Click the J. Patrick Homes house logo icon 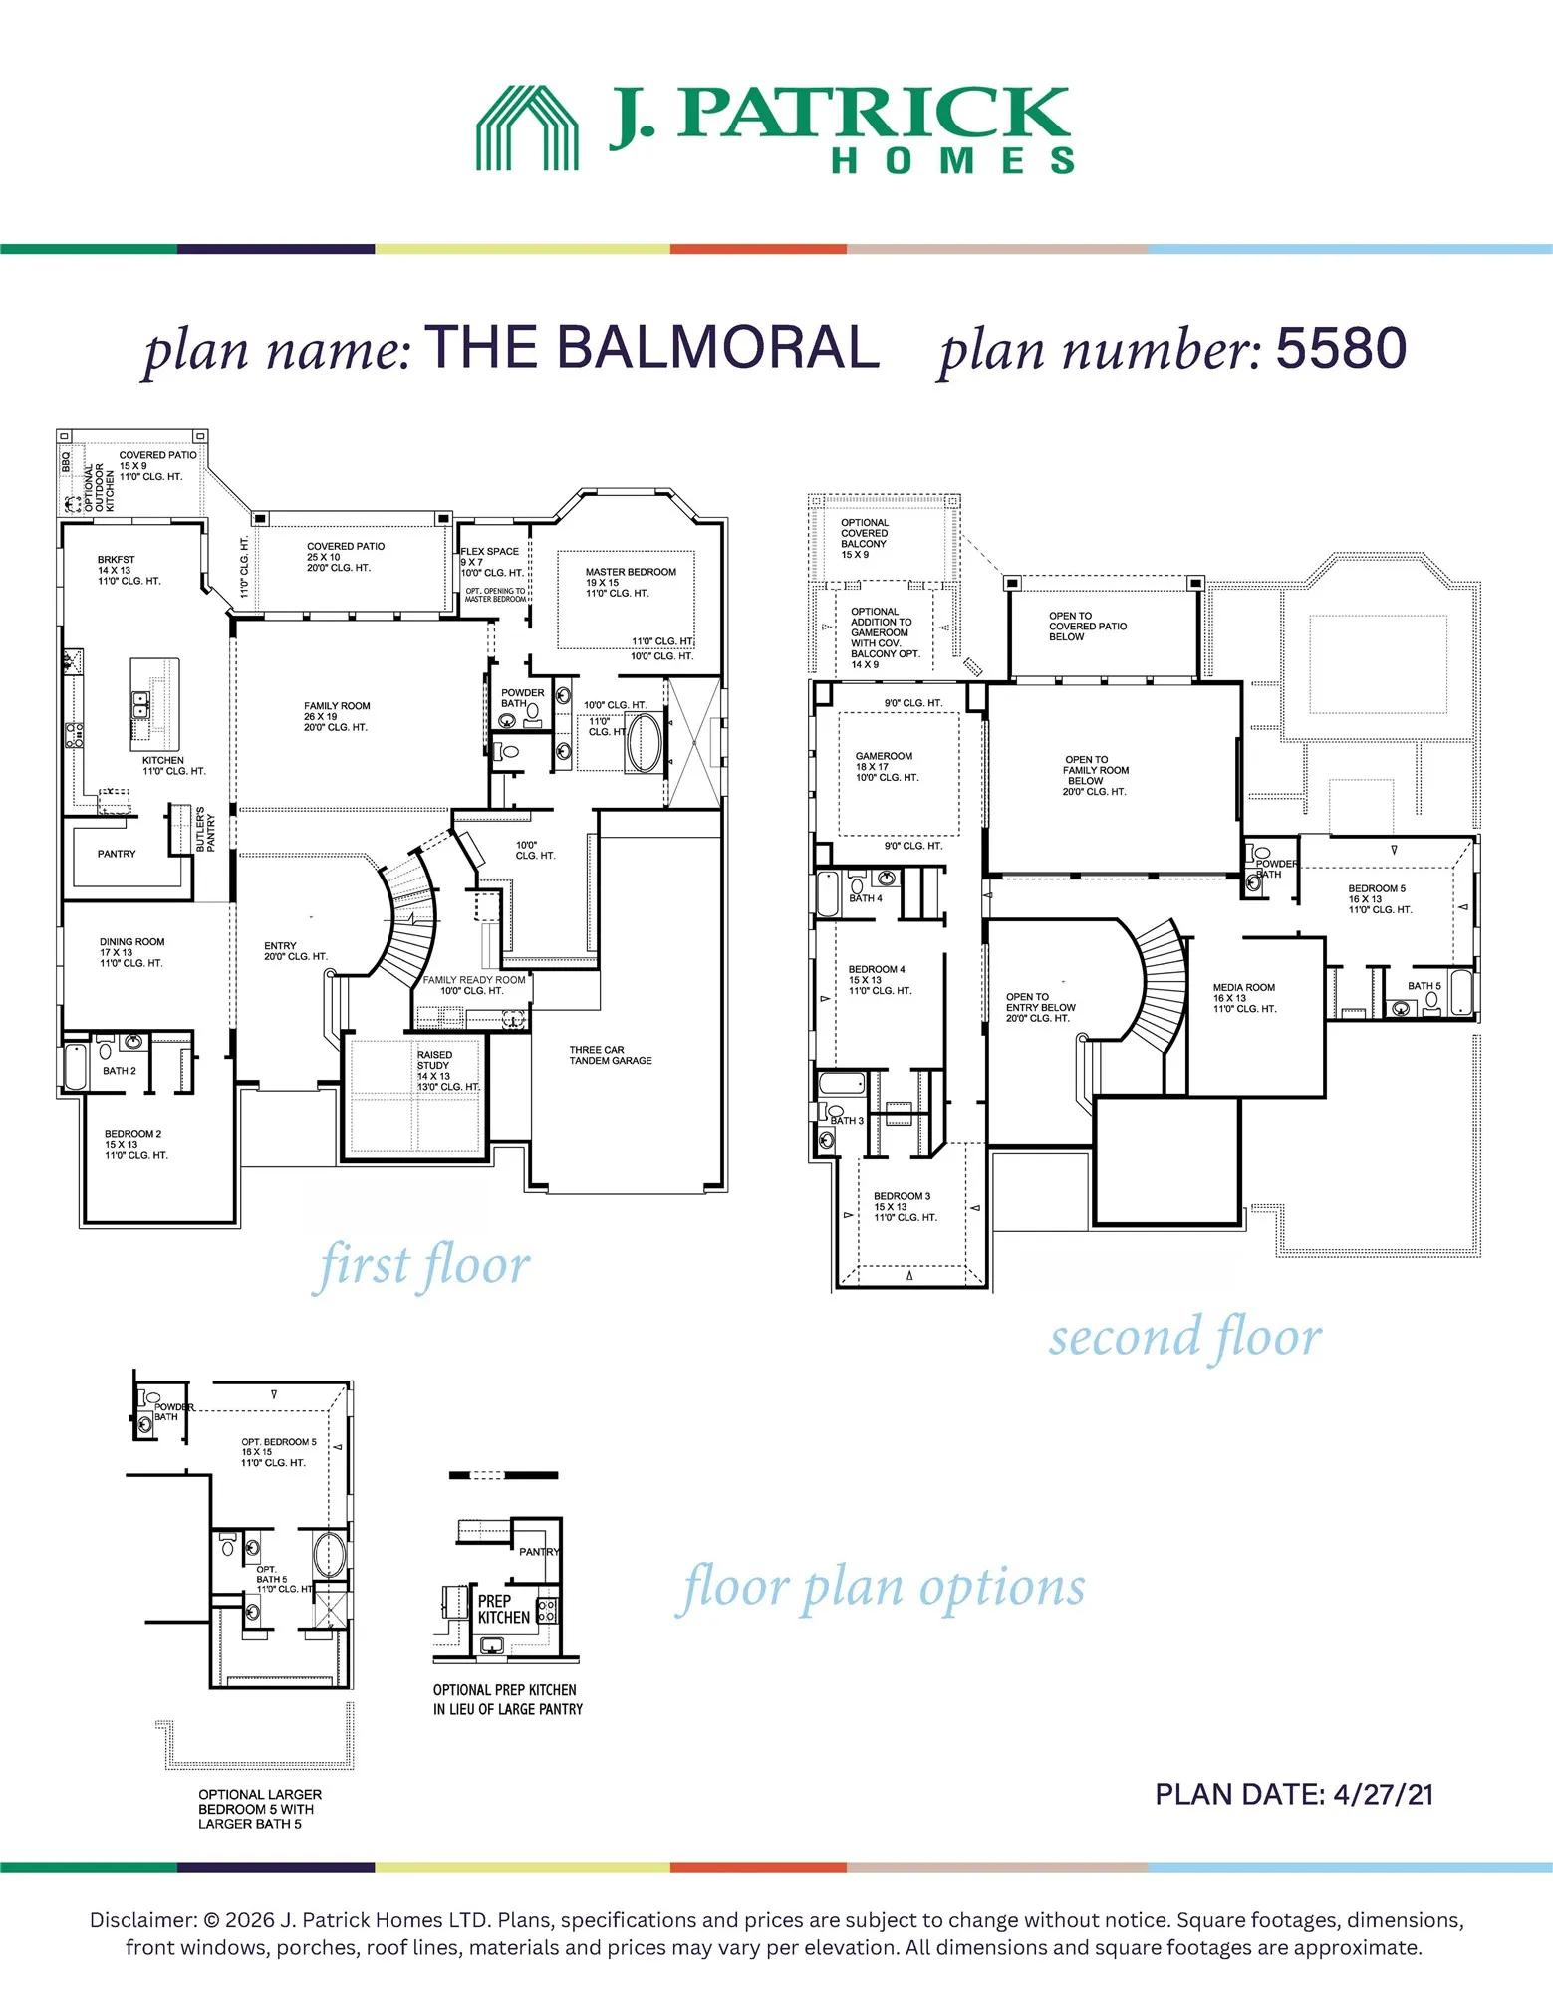(x=527, y=128)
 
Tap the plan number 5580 (x=1341, y=348)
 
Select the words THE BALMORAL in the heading (x=652, y=347)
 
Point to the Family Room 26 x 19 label (x=337, y=716)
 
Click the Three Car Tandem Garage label (x=611, y=1055)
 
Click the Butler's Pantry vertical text (x=205, y=830)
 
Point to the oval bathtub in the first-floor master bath (x=643, y=742)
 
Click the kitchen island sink (x=141, y=706)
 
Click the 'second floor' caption (x=1185, y=1337)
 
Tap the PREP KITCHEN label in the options (x=503, y=1609)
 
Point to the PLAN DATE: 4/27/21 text (x=1294, y=1794)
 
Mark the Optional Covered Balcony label (x=864, y=538)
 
